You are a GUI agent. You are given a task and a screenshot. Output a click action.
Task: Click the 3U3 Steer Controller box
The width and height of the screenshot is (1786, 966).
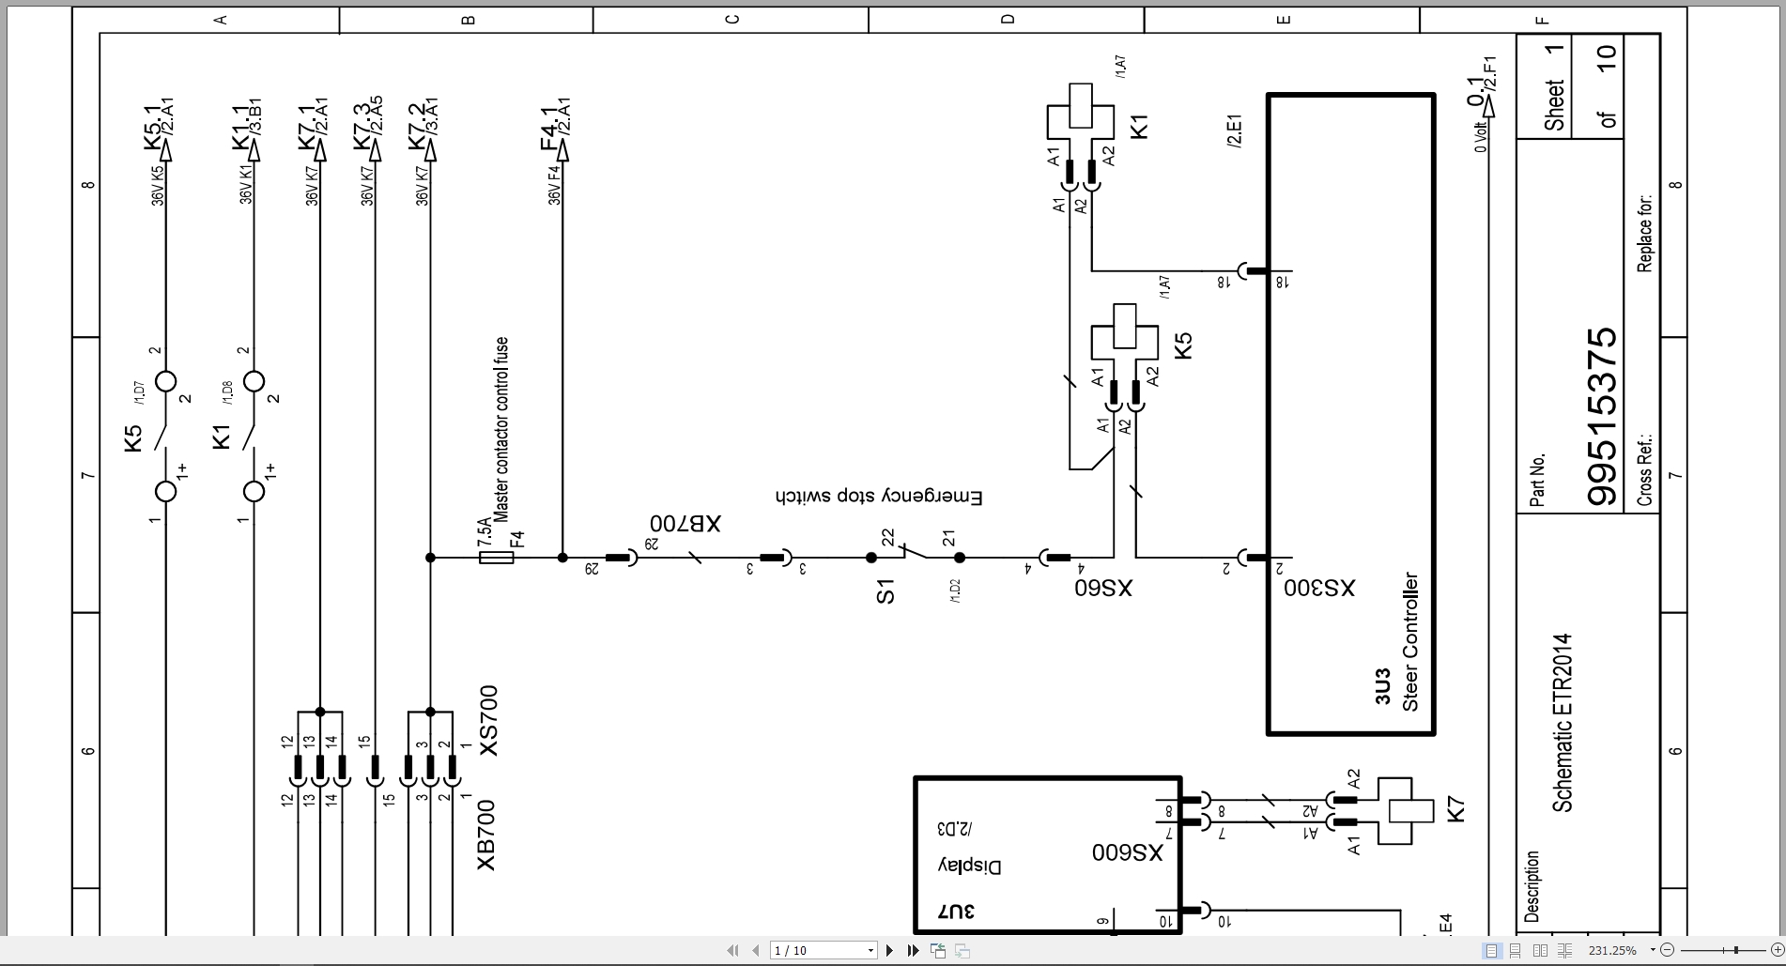tap(1350, 413)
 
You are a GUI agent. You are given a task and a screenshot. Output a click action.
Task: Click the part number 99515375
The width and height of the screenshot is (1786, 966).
tap(1603, 416)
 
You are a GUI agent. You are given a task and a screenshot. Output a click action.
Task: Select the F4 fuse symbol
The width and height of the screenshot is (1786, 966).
tap(496, 558)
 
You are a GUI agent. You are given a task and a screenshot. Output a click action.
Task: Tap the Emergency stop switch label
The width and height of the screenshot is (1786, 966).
tap(879, 497)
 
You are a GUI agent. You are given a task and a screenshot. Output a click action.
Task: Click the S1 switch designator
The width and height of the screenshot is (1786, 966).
tap(885, 591)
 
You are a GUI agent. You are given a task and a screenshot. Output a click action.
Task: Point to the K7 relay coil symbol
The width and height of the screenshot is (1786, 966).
tap(1405, 810)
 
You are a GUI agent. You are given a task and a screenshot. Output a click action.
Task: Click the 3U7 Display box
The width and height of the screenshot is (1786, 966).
tap(1047, 854)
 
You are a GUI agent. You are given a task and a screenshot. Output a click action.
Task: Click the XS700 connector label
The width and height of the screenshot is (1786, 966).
tap(488, 720)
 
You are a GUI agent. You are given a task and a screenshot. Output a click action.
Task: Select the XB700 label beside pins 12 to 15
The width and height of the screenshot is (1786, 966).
tap(485, 835)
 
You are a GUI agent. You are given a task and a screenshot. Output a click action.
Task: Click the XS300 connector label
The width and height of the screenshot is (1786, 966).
tap(1319, 589)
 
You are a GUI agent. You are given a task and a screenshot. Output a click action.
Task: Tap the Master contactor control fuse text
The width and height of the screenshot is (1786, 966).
tap(501, 429)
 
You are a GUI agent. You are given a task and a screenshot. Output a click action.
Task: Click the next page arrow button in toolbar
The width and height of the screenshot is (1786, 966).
tap(889, 951)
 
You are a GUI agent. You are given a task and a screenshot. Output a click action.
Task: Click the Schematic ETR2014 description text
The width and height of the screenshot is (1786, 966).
tap(1562, 723)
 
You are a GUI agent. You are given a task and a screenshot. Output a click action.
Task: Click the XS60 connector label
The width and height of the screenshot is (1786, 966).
tap(1103, 589)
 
